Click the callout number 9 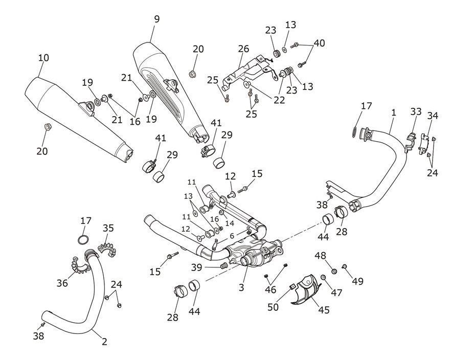pos(156,19)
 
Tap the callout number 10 pos(43,58)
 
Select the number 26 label pos(243,49)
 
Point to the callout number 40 pos(319,43)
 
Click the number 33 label pos(416,111)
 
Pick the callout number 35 pos(108,228)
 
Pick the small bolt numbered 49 pos(344,267)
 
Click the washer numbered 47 pos(323,277)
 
